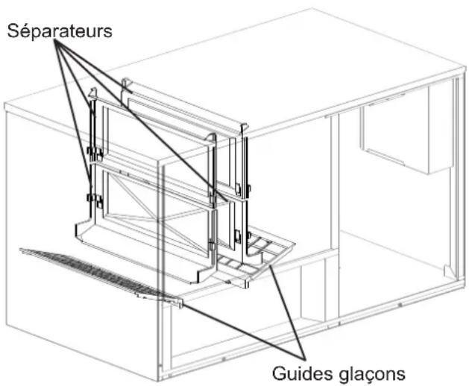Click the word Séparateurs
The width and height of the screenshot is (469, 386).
point(60,31)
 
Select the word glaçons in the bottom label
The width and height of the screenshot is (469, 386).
point(372,374)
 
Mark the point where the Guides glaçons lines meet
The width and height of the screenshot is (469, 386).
point(304,358)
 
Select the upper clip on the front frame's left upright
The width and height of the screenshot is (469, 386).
point(95,152)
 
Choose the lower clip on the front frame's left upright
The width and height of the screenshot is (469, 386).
point(95,200)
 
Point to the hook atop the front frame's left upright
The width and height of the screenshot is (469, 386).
point(94,92)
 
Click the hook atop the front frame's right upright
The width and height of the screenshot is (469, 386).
point(212,138)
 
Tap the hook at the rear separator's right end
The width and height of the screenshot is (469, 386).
point(244,128)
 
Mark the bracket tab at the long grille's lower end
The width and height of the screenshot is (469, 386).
point(180,303)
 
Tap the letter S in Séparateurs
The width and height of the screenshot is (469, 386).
point(13,31)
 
